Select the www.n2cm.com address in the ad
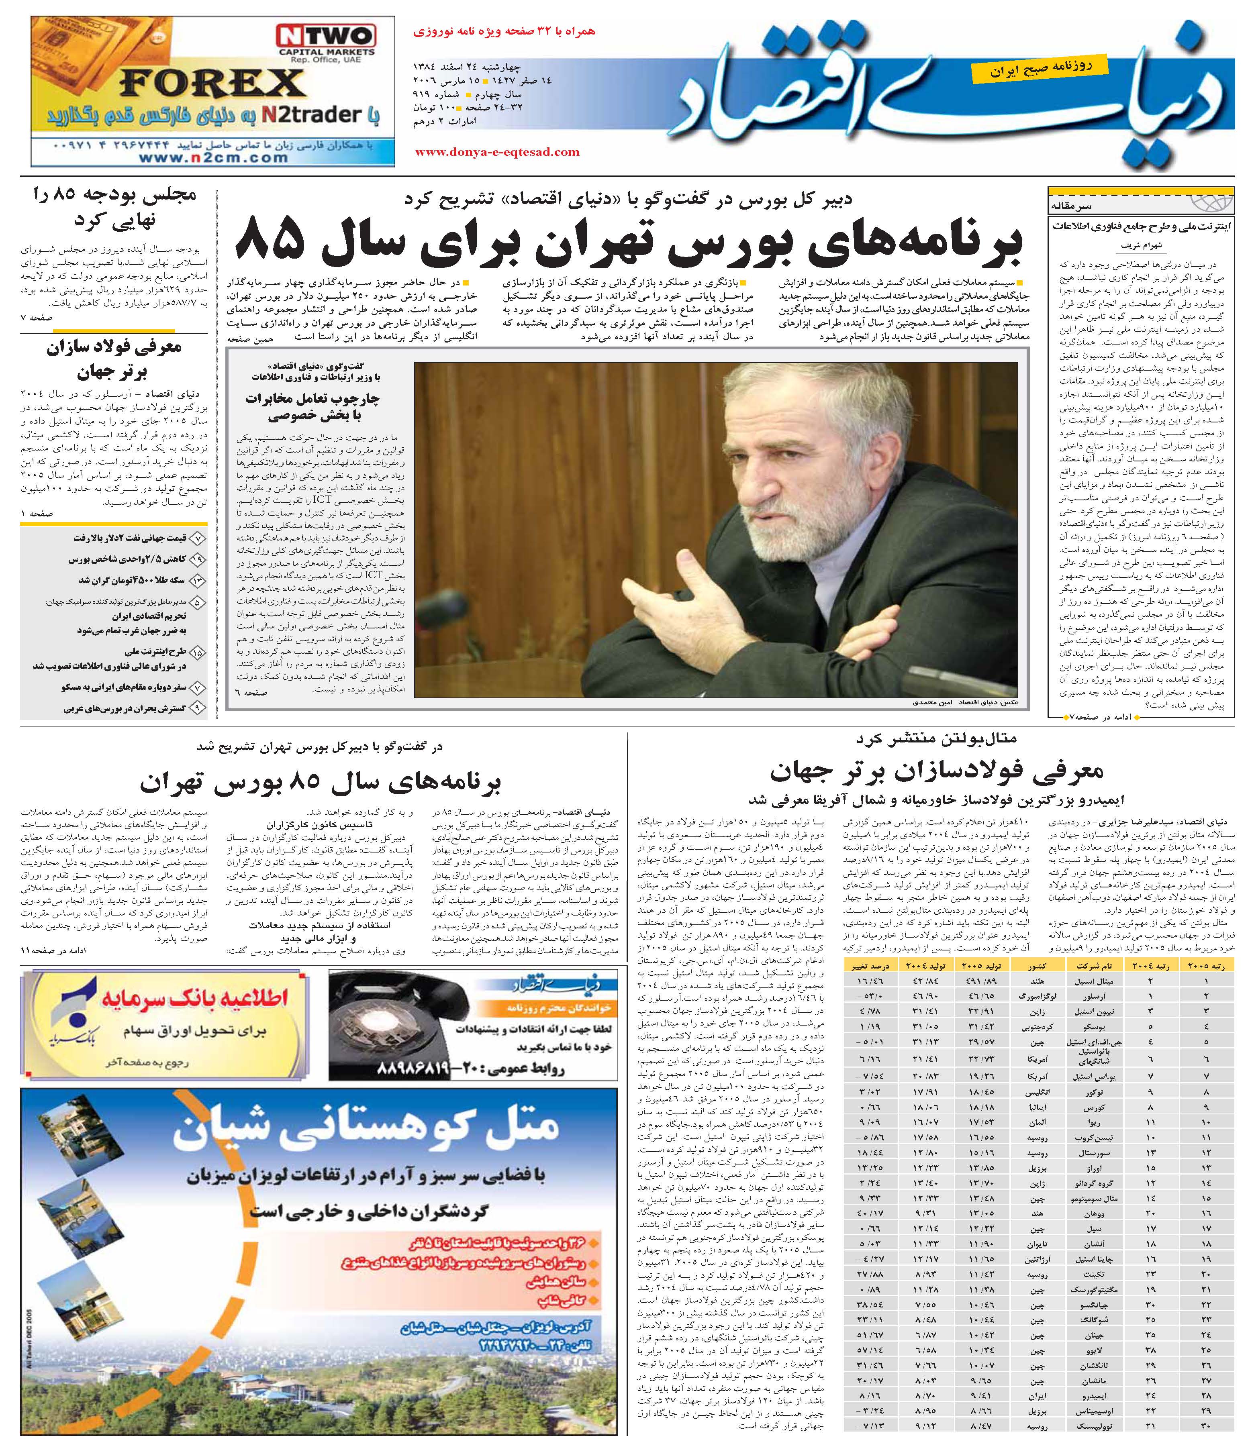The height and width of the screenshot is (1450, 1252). pos(213,158)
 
